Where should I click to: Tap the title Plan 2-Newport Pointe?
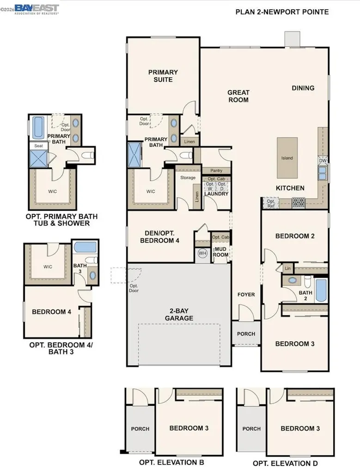pyautogui.click(x=282, y=12)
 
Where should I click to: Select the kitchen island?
pyautogui.click(x=287, y=158)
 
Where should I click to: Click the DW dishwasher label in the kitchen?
pyautogui.click(x=322, y=161)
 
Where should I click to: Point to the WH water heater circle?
pyautogui.click(x=202, y=253)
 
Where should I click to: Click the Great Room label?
pyautogui.click(x=238, y=96)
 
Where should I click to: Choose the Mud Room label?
pyautogui.click(x=220, y=252)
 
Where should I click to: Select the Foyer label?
pyautogui.click(x=246, y=295)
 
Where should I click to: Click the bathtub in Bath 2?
pyautogui.click(x=321, y=290)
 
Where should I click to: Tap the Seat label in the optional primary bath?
pyautogui.click(x=39, y=146)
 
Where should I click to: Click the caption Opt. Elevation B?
pyautogui.click(x=171, y=462)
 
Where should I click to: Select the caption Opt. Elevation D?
pyautogui.click(x=285, y=463)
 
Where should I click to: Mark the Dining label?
pyautogui.click(x=303, y=88)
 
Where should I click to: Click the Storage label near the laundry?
pyautogui.click(x=188, y=177)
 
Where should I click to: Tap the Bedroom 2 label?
pyautogui.click(x=295, y=236)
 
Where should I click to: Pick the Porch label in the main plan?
pyautogui.click(x=246, y=334)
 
